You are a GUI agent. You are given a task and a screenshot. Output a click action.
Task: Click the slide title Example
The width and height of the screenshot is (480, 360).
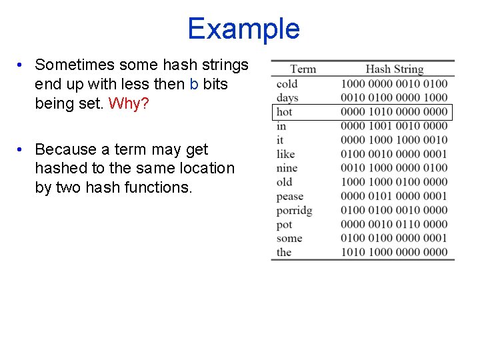coord(243,29)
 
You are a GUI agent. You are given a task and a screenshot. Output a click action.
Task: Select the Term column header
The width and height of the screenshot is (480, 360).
coord(303,69)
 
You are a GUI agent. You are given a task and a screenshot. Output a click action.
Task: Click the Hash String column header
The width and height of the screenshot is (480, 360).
coord(394,69)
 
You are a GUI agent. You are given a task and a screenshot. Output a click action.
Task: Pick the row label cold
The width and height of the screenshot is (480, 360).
coord(287,83)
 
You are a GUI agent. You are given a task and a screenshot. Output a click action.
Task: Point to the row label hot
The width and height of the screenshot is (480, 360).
coord(285,111)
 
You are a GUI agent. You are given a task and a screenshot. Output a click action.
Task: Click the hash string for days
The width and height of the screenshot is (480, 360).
coord(394,97)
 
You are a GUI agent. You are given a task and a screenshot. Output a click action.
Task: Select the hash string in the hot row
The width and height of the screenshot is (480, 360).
coord(394,111)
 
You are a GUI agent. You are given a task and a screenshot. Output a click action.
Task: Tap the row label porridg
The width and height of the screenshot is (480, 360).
coord(295,210)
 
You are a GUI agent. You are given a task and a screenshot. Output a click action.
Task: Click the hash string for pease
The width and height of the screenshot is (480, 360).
coord(394,196)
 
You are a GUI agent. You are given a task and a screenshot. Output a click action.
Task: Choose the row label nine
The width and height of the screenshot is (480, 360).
coord(287,168)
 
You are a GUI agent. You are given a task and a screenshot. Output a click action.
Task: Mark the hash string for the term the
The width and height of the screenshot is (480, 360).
coord(394,252)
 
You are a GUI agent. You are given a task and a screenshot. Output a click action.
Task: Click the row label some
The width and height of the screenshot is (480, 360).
coord(289,238)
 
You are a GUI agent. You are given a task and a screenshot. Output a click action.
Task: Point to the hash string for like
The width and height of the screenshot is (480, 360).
coord(394,154)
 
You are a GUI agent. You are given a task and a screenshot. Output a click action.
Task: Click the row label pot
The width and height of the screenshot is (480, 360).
coord(285,224)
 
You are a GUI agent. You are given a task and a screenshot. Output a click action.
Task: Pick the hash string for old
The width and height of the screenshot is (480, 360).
coord(394,182)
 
